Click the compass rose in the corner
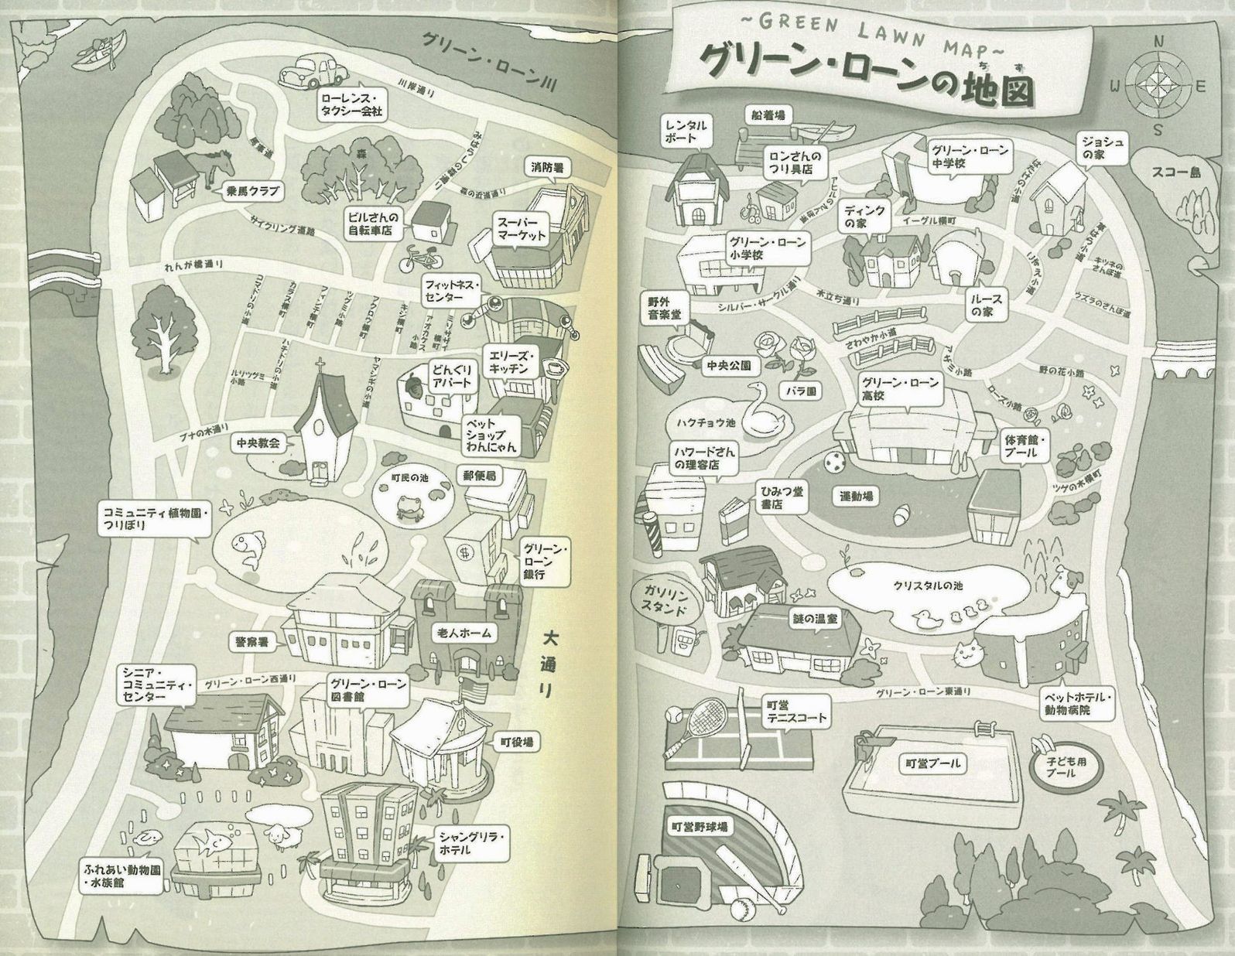1158,86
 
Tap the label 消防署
547,166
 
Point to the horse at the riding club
217,165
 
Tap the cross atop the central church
319,367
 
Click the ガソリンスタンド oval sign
667,599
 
